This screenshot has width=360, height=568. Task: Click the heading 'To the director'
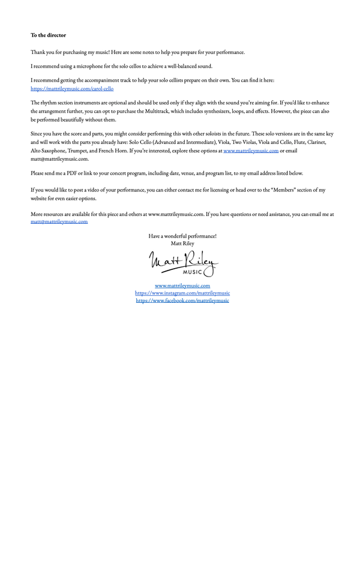(x=49, y=35)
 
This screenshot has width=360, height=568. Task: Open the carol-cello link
(x=72, y=89)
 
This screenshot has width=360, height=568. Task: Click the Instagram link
(x=182, y=293)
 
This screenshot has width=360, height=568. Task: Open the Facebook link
(x=182, y=300)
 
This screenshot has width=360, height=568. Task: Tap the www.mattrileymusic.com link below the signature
(x=182, y=286)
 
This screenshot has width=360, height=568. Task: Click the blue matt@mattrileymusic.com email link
(x=59, y=221)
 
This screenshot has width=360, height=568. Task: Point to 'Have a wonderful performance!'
(x=182, y=236)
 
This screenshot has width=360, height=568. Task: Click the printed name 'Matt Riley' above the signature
(x=182, y=244)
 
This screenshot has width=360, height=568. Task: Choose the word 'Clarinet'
(x=316, y=143)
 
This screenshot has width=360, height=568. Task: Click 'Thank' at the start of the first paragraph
(x=38, y=52)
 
